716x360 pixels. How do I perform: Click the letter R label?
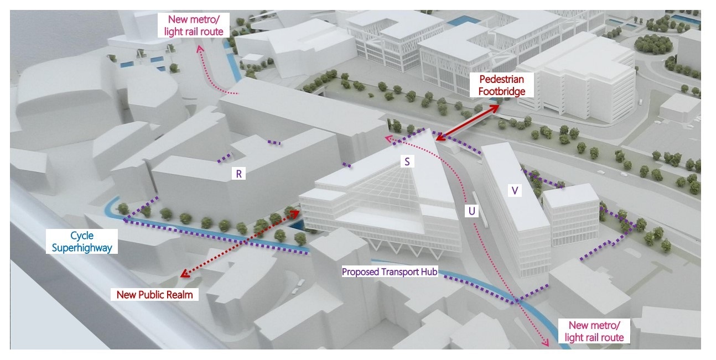tap(239, 174)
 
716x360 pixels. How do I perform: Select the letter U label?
tap(471, 211)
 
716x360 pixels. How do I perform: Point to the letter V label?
tap(515, 191)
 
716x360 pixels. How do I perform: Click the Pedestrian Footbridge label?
tap(501, 85)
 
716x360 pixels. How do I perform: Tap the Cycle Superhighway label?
tap(82, 242)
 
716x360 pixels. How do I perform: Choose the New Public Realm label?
tap(154, 295)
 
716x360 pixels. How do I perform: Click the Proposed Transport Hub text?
tap(390, 272)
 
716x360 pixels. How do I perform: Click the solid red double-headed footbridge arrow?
tap(467, 123)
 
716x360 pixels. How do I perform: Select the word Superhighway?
tap(82, 248)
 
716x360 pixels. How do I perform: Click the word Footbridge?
tap(501, 91)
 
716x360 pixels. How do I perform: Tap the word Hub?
tap(429, 272)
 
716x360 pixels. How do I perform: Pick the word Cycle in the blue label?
tap(82, 236)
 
